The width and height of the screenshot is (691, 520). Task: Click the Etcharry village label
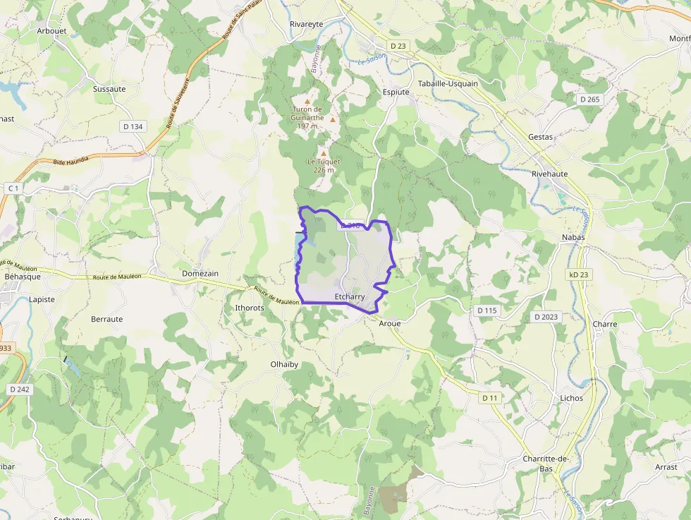click(x=350, y=298)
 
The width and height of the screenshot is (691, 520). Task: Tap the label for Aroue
click(x=390, y=323)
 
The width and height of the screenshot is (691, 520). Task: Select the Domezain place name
click(x=200, y=273)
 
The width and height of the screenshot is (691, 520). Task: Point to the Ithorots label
click(x=249, y=308)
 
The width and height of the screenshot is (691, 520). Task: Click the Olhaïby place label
click(x=285, y=364)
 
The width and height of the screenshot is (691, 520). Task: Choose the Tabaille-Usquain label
click(x=448, y=83)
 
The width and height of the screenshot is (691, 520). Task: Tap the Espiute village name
click(x=396, y=92)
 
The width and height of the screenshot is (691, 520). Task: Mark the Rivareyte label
click(x=307, y=24)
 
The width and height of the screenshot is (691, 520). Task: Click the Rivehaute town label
click(x=549, y=174)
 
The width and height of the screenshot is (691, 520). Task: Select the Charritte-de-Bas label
click(x=546, y=464)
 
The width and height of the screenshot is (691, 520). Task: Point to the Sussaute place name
click(x=109, y=89)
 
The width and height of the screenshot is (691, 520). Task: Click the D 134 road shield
click(x=133, y=126)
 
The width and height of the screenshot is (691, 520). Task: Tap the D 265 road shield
click(x=589, y=99)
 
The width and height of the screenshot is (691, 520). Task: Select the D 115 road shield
click(x=487, y=310)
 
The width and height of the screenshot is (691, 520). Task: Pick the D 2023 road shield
click(x=546, y=317)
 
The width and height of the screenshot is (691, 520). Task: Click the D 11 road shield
click(x=490, y=398)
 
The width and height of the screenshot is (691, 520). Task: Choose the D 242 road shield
click(x=20, y=389)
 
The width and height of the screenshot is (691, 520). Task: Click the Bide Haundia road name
click(x=71, y=161)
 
